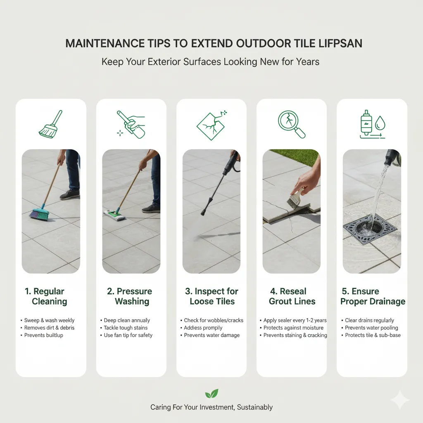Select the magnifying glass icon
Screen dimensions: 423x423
pyautogui.click(x=291, y=124)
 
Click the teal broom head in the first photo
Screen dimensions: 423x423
pyautogui.click(x=40, y=214)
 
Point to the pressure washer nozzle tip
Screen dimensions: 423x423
pyautogui.click(x=202, y=214)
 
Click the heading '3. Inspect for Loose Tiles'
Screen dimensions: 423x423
pyautogui.click(x=212, y=296)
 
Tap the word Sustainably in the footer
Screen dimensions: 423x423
pyautogui.click(x=254, y=407)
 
